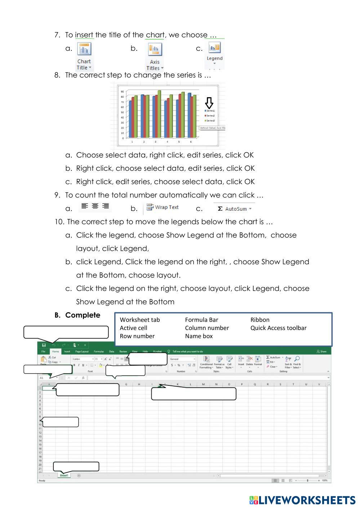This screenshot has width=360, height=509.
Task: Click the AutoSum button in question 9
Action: [235, 209]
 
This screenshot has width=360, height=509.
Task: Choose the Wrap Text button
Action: [163, 207]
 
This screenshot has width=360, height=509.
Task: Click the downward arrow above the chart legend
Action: [209, 102]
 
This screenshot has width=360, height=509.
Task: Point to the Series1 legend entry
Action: [210, 111]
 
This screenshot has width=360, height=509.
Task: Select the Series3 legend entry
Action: [210, 121]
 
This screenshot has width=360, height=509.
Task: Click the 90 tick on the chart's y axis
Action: [123, 91]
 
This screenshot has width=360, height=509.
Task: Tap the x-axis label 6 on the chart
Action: [191, 142]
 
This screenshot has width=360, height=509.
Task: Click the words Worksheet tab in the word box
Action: [139, 320]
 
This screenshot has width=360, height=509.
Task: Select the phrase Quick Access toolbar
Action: [278, 328]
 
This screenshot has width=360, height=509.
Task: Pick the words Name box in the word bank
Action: [199, 336]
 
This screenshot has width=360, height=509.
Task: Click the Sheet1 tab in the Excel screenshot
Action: [64, 475]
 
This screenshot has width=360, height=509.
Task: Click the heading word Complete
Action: [83, 315]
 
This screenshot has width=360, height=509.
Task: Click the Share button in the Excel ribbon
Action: [321, 352]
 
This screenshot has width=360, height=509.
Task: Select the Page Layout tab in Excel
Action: [82, 352]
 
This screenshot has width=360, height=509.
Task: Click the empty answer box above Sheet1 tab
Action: [76, 466]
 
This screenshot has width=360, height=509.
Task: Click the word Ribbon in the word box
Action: [260, 320]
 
